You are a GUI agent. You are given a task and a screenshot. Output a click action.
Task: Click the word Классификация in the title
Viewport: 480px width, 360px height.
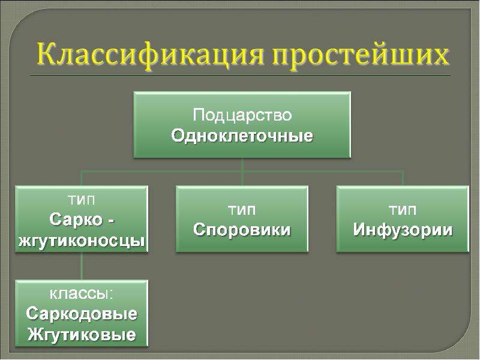click(150, 55)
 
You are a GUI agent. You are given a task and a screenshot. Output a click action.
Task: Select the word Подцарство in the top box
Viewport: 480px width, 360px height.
click(242, 115)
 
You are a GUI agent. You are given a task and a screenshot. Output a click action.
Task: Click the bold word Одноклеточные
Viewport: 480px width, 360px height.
click(242, 136)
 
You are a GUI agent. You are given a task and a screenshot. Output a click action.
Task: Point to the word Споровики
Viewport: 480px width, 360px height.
click(242, 230)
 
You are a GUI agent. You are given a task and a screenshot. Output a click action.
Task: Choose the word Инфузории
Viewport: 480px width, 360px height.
click(403, 230)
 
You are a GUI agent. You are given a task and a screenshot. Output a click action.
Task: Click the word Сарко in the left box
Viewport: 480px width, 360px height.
click(76, 220)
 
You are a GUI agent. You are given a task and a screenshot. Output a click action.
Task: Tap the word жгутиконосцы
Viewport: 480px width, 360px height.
click(82, 241)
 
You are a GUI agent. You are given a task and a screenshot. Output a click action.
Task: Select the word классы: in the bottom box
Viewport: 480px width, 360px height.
click(82, 294)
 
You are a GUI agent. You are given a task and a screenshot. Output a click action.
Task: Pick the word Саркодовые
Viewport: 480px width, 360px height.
click(82, 313)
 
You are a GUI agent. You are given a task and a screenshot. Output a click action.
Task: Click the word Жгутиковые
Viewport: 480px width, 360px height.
click(82, 334)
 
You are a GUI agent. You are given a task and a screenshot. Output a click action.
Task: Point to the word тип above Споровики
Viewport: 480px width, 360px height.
click(242, 210)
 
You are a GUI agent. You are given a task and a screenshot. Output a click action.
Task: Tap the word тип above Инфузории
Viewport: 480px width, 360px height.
click(403, 210)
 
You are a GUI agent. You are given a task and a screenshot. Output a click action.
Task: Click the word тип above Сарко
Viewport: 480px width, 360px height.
click(82, 200)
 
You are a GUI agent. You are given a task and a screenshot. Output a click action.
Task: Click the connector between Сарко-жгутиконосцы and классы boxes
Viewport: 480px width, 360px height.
click(82, 266)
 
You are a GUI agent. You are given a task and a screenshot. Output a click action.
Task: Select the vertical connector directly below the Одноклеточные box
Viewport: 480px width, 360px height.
click(242, 172)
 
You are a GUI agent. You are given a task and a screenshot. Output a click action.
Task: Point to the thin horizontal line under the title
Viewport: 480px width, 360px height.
click(241, 75)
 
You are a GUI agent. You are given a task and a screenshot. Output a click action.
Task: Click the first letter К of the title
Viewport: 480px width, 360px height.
click(47, 55)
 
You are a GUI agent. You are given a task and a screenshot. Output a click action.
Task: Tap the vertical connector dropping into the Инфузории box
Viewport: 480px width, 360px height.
click(403, 179)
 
